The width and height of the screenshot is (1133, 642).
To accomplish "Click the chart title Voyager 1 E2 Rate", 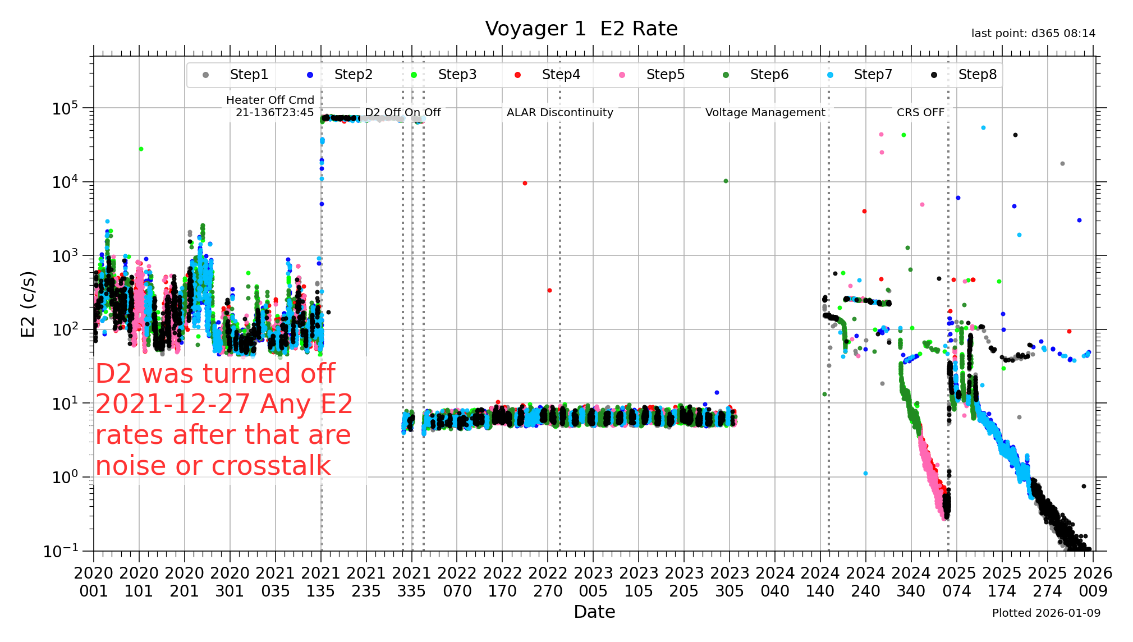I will pyautogui.click(x=581, y=29).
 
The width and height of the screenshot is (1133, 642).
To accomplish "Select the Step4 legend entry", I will pyautogui.click(x=561, y=75).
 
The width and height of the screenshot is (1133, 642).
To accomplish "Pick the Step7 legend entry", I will pyautogui.click(x=873, y=75).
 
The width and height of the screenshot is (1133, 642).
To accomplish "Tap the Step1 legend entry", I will pyautogui.click(x=249, y=75).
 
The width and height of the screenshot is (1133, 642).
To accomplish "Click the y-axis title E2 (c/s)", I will pyautogui.click(x=27, y=304).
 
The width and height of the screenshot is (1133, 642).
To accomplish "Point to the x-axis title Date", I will pyautogui.click(x=594, y=612).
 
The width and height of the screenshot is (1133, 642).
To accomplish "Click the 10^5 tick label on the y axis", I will pyautogui.click(x=65, y=108).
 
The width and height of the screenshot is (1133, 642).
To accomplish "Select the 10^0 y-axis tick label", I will pyautogui.click(x=65, y=478).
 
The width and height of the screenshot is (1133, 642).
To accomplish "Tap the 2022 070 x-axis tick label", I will pyautogui.click(x=457, y=582).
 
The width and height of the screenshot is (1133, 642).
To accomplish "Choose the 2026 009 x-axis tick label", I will pyautogui.click(x=1093, y=582).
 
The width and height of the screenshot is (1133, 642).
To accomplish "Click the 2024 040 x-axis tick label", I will pyautogui.click(x=775, y=582).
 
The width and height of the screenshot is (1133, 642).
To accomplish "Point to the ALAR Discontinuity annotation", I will pyautogui.click(x=559, y=112).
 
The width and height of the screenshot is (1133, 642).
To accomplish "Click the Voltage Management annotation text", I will pyautogui.click(x=765, y=112).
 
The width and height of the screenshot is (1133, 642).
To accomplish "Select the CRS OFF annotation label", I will pyautogui.click(x=920, y=112).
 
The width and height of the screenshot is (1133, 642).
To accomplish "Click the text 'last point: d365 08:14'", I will pyautogui.click(x=1033, y=34).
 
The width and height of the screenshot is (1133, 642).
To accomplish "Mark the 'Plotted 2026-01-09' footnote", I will pyautogui.click(x=1046, y=613).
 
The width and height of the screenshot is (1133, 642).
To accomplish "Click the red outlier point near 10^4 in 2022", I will pyautogui.click(x=525, y=184).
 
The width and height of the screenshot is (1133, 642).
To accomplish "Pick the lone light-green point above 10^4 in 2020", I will pyautogui.click(x=141, y=149).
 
